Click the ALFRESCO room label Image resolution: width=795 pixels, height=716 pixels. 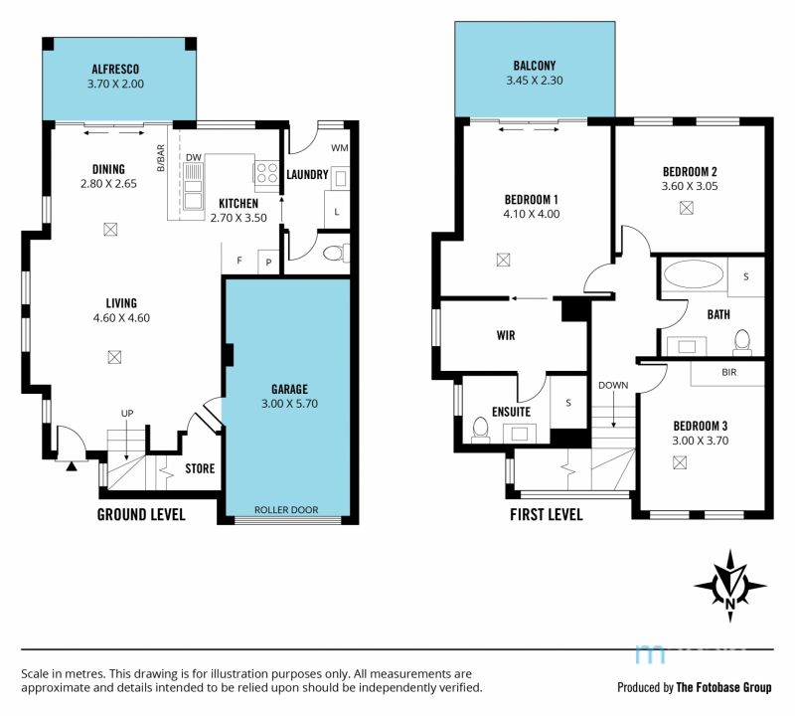pyautogui.click(x=115, y=69)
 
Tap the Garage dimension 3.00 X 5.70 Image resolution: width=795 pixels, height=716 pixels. pyautogui.click(x=289, y=404)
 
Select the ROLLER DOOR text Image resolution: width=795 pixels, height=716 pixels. pyautogui.click(x=286, y=510)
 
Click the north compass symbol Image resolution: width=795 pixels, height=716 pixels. pyautogui.click(x=730, y=586)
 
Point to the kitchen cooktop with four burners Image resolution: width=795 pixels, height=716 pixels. pyautogui.click(x=266, y=171)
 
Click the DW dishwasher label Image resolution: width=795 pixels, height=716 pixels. pyautogui.click(x=193, y=158)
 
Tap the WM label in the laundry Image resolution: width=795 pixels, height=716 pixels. pyautogui.click(x=340, y=148)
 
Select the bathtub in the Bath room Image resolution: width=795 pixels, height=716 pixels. pyautogui.click(x=694, y=276)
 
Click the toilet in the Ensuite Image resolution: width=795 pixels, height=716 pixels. pyautogui.click(x=480, y=429)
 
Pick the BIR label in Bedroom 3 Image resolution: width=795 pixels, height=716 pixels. pyautogui.click(x=729, y=373)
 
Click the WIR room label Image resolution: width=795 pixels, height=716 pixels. pyautogui.click(x=506, y=335)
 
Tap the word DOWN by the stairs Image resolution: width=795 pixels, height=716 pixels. pyautogui.click(x=613, y=386)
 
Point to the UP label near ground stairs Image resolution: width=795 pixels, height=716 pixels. pyautogui.click(x=127, y=414)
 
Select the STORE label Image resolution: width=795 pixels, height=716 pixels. pyautogui.click(x=200, y=468)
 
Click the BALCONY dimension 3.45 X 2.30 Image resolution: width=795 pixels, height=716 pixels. pyautogui.click(x=535, y=81)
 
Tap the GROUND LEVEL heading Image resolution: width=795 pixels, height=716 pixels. pyautogui.click(x=141, y=515)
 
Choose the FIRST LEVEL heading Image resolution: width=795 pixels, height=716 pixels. pyautogui.click(x=546, y=515)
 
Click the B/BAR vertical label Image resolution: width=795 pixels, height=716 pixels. pyautogui.click(x=161, y=158)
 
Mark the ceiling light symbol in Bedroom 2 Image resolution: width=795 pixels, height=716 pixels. pyautogui.click(x=687, y=208)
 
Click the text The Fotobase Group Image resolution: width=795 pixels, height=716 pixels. pyautogui.click(x=723, y=687)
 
